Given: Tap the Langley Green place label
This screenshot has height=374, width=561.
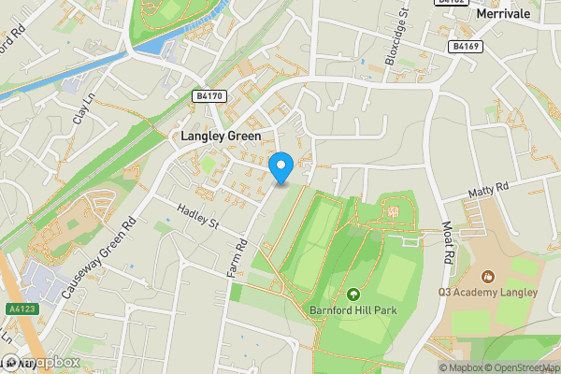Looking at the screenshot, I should point(221,136).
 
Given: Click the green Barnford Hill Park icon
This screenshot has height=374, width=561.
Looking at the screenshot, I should point(353,295).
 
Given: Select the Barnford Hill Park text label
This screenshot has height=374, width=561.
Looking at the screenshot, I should point(352,310).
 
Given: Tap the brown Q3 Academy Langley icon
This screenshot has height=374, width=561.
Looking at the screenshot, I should point(486,277).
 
